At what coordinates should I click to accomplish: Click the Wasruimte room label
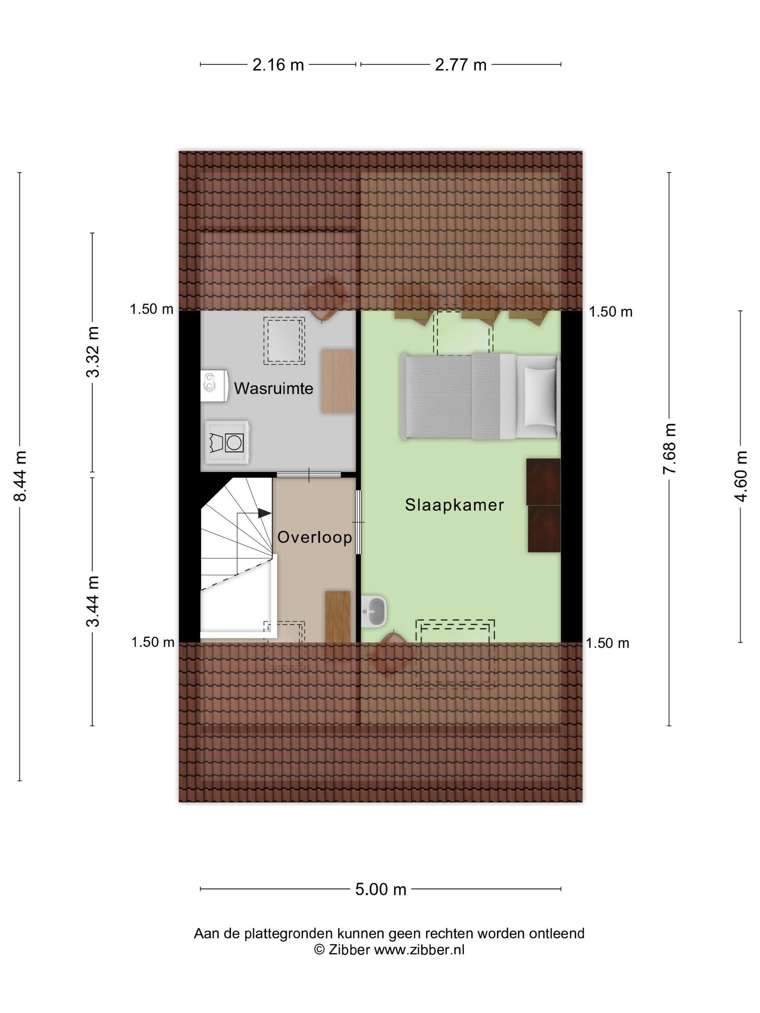(274, 388)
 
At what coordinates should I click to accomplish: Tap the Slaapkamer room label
(455, 505)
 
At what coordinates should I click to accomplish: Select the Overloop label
(315, 537)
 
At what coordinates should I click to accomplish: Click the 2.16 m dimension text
(278, 65)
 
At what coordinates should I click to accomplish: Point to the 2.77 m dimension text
(460, 65)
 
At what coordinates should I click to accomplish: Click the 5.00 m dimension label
(381, 889)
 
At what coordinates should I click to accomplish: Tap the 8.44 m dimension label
(21, 476)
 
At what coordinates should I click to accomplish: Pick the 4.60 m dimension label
(741, 476)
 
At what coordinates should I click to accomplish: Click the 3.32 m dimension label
(93, 352)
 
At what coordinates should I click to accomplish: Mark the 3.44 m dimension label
(93, 601)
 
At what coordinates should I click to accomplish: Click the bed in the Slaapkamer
(480, 396)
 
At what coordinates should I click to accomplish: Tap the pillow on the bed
(541, 396)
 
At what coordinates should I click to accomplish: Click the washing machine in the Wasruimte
(227, 442)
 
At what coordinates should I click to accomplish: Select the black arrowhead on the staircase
(264, 513)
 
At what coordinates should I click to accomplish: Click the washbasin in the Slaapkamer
(374, 611)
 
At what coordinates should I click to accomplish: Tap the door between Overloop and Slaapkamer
(358, 522)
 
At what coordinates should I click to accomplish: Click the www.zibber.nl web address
(419, 950)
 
